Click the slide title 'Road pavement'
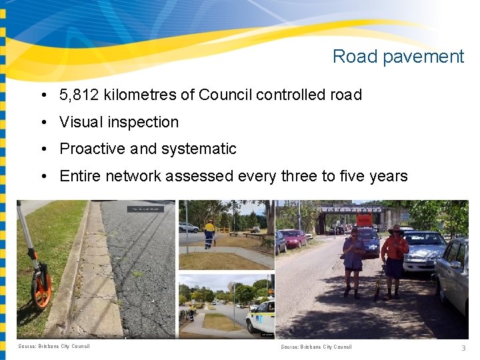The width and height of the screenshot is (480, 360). [x=398, y=57]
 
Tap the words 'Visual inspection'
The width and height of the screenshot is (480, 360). [x=119, y=122]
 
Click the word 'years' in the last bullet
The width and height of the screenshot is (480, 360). [x=388, y=176]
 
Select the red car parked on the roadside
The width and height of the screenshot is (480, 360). [x=293, y=238]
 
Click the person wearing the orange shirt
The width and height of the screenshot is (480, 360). [x=395, y=260]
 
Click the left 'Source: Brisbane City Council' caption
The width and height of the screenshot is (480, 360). [x=54, y=346]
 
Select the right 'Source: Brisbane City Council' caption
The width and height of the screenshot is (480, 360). [x=316, y=347]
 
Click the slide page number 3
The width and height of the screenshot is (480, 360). [x=463, y=348]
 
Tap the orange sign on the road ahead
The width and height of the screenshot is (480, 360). [x=364, y=219]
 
